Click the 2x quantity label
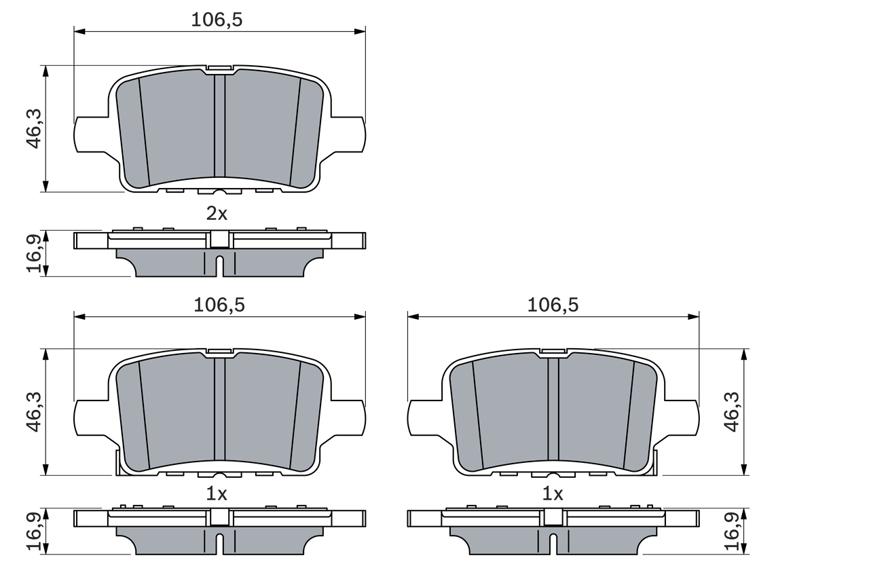click(x=217, y=214)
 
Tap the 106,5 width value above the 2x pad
click(x=217, y=20)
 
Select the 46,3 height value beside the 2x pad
click(x=35, y=128)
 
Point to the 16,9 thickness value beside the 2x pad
click(x=35, y=253)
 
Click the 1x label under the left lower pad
click(x=217, y=495)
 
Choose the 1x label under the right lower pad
click(x=553, y=495)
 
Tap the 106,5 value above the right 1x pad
click(x=553, y=305)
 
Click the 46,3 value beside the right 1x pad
click(x=732, y=411)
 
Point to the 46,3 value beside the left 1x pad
click(x=35, y=411)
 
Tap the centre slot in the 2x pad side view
click(x=219, y=265)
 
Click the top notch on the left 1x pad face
click(x=219, y=352)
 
